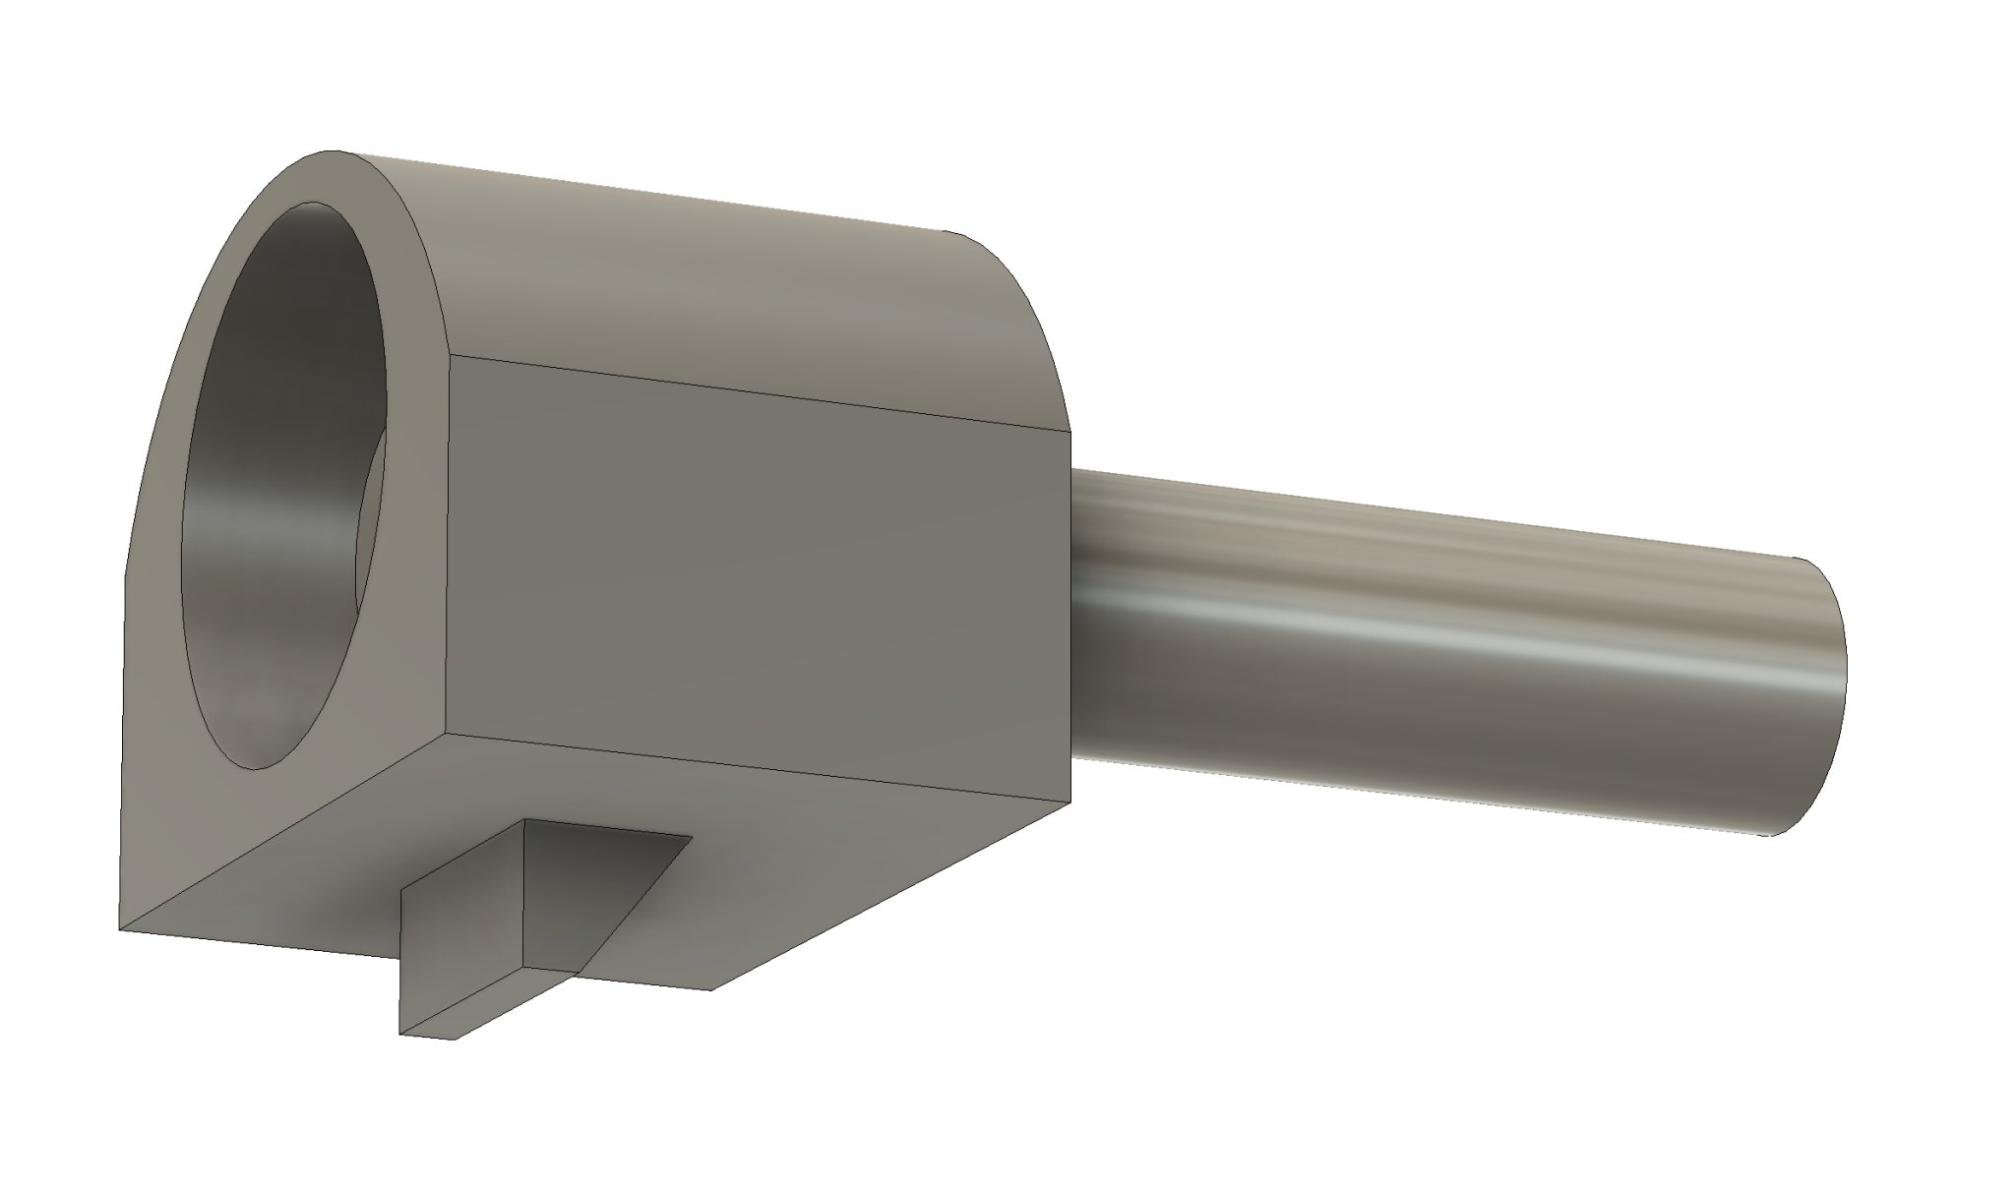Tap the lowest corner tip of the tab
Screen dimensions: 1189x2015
coord(401,1034)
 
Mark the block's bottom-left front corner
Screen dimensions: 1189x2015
coord(120,929)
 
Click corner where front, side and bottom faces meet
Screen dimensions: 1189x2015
coord(450,733)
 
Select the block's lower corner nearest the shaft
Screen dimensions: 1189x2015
coord(1069,802)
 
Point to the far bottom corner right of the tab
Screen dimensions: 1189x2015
coord(710,989)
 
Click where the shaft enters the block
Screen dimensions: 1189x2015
coord(1072,610)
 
